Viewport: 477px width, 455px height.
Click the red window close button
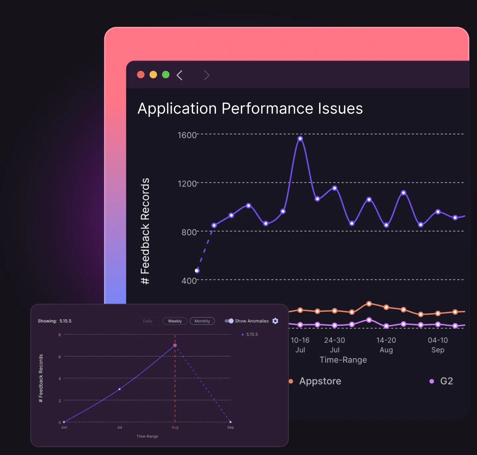pos(141,75)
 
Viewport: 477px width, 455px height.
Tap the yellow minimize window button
pos(153,75)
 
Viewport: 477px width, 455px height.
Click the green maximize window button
pos(166,75)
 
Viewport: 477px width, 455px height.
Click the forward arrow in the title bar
pos(207,75)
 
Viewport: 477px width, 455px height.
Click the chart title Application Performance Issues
pos(250,108)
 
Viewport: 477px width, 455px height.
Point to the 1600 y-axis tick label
pos(187,135)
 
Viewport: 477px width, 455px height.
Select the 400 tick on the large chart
pos(189,281)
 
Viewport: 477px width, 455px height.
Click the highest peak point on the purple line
pos(300,139)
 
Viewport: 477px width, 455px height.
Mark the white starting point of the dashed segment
pos(197,271)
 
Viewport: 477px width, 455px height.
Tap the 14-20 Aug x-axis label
pos(386,345)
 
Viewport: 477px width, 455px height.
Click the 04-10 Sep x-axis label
pos(438,345)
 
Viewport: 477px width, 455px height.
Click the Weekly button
pos(175,321)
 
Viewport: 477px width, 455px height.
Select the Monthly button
pos(202,321)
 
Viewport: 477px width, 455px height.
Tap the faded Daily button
pos(148,321)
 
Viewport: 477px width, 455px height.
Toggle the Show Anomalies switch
pos(229,321)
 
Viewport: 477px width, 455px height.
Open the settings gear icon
pos(275,321)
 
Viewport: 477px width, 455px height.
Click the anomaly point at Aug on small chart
pos(175,346)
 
